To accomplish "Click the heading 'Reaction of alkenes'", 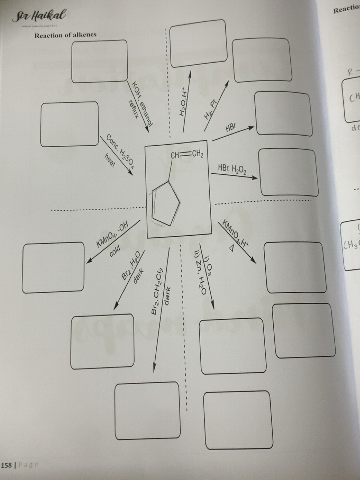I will pyautogui.click(x=65, y=35).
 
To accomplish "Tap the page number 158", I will pyautogui.click(x=6, y=465).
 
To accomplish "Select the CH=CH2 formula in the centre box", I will pyautogui.click(x=187, y=155).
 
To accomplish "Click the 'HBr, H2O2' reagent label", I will pyautogui.click(x=232, y=169).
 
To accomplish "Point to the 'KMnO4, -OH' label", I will pyautogui.click(x=112, y=236).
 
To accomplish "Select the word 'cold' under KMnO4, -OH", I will pyautogui.click(x=115, y=251).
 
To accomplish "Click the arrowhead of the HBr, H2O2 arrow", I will pyautogui.click(x=255, y=178).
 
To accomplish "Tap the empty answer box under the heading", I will pyautogui.click(x=100, y=61).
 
